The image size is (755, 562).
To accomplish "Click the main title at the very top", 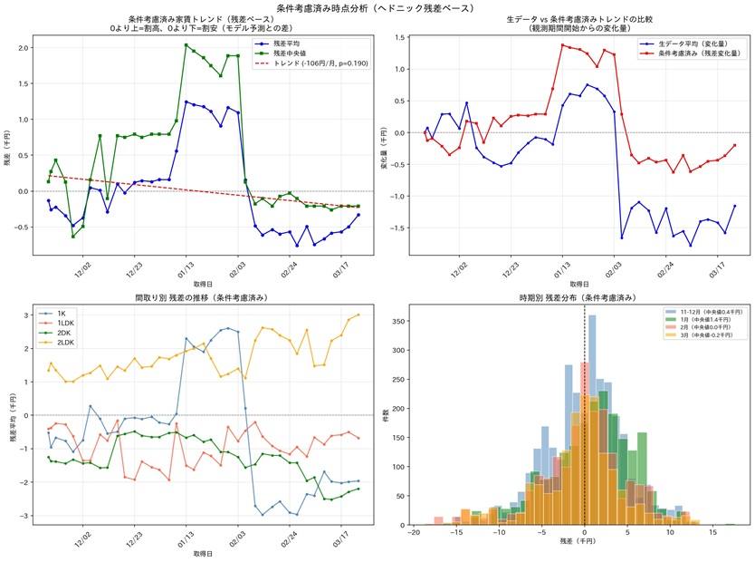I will [x=377, y=6].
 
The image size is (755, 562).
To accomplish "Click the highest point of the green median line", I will [x=186, y=44].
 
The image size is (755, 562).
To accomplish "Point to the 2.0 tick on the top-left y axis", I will [x=24, y=47].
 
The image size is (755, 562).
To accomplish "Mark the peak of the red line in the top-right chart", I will [x=562, y=44].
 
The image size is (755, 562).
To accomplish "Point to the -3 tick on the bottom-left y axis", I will [x=27, y=516].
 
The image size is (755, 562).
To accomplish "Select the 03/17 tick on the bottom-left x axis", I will [x=341, y=535].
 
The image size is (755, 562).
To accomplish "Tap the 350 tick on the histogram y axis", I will [x=399, y=316].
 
